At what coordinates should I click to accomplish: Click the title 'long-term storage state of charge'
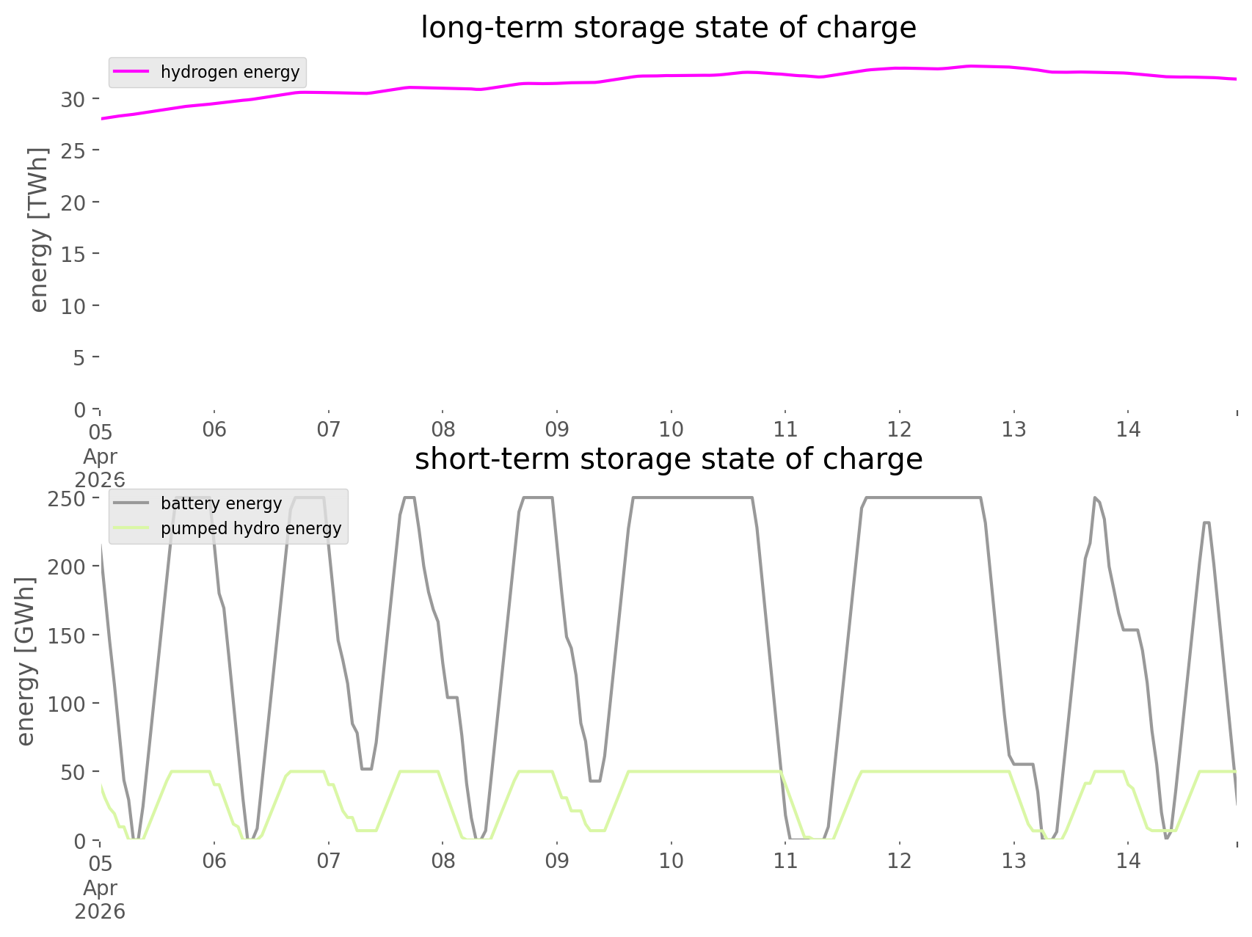tap(668, 28)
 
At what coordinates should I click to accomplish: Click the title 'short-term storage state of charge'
tap(668, 459)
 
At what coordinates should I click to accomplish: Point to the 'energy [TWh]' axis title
tap(38, 230)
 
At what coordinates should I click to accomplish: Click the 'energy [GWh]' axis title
tap(25, 661)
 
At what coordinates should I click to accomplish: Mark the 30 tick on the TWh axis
tap(73, 98)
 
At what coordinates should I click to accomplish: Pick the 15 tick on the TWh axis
tap(73, 254)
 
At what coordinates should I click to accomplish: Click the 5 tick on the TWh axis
tap(79, 357)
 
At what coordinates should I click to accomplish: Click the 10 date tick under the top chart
tap(671, 429)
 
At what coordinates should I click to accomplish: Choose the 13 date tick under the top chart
tap(1013, 429)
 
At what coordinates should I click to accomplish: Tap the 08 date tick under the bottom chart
tap(443, 861)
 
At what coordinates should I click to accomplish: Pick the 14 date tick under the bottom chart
tap(1128, 861)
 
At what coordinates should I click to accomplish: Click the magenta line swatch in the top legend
tap(131, 72)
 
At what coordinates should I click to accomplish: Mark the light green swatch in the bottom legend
tap(131, 528)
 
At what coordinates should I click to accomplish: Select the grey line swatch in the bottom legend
tap(131, 503)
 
